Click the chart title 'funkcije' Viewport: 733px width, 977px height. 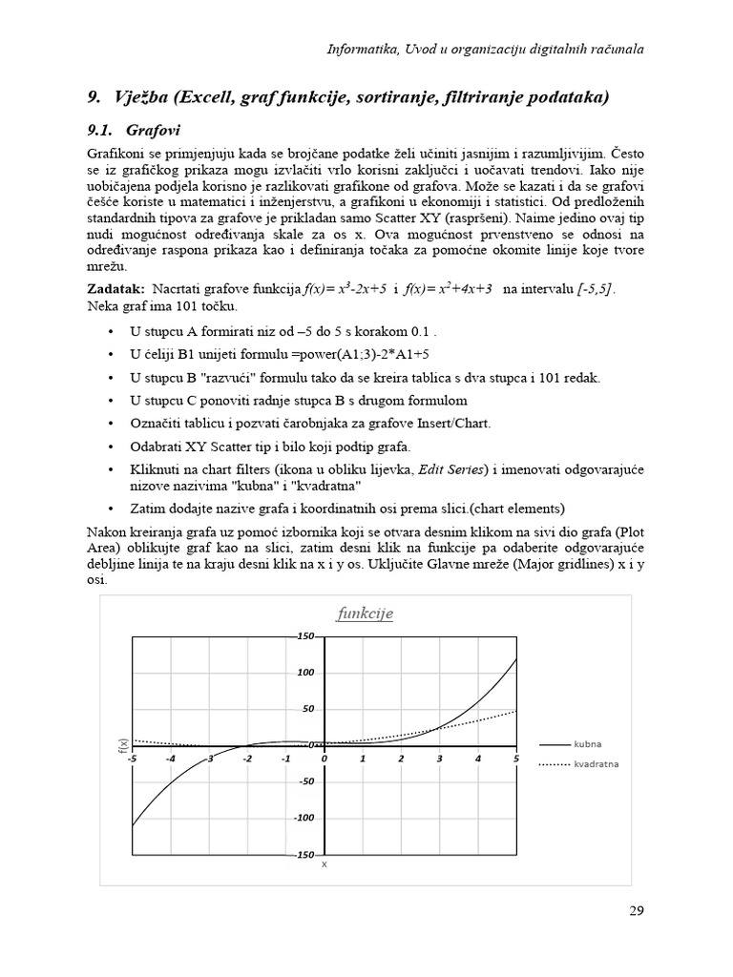[365, 613]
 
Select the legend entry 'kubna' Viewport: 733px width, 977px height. [587, 743]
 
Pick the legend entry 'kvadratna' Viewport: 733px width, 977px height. [596, 764]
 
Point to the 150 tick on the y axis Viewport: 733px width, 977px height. [306, 636]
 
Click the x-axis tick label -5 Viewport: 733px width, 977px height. [132, 759]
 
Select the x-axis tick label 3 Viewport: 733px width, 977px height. [439, 759]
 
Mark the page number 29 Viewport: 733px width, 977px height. [637, 910]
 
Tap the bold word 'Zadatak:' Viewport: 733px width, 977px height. [115, 288]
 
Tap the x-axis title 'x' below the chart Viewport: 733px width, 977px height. [324, 864]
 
